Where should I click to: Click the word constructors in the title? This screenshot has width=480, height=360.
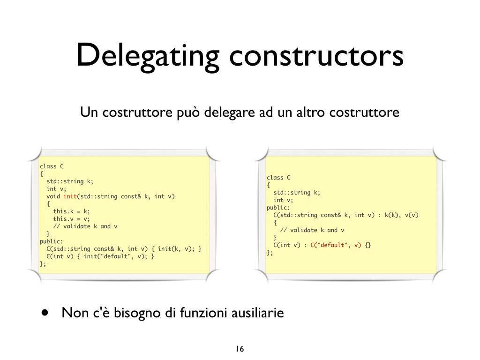316,55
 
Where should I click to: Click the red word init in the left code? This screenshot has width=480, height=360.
70,196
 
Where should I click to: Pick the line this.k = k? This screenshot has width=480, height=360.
71,211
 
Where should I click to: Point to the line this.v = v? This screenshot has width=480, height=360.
71,219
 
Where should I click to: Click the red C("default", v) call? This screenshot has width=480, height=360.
336,245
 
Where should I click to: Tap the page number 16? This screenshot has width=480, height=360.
240,349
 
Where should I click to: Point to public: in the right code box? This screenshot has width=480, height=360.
278,208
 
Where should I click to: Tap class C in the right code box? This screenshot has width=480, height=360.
278,178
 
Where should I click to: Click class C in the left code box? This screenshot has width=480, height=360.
52,166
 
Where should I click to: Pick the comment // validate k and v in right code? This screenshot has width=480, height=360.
312,230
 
